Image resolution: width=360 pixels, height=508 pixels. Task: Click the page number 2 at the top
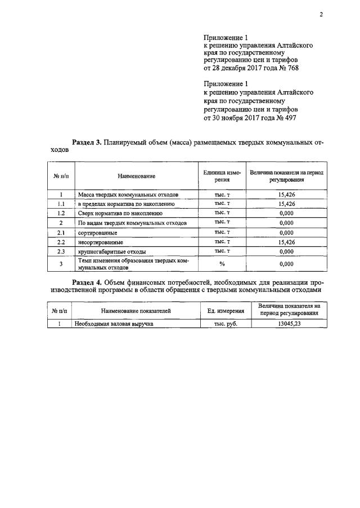click(321, 15)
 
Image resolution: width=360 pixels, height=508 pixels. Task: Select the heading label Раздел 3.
click(87, 143)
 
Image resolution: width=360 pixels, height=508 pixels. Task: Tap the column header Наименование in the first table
click(136, 176)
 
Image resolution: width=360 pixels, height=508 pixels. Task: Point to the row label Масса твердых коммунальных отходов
click(128, 194)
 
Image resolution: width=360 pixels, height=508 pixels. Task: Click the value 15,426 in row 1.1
click(286, 204)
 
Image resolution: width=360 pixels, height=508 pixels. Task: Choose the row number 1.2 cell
click(61, 213)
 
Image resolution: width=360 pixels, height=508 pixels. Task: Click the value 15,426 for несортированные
click(286, 242)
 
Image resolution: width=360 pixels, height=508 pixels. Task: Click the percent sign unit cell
click(222, 264)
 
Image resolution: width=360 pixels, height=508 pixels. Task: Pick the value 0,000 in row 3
click(286, 264)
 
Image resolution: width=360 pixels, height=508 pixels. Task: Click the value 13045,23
click(286, 324)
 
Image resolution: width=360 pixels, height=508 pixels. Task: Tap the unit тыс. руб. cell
click(226, 324)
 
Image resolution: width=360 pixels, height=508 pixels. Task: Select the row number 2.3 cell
click(61, 251)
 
